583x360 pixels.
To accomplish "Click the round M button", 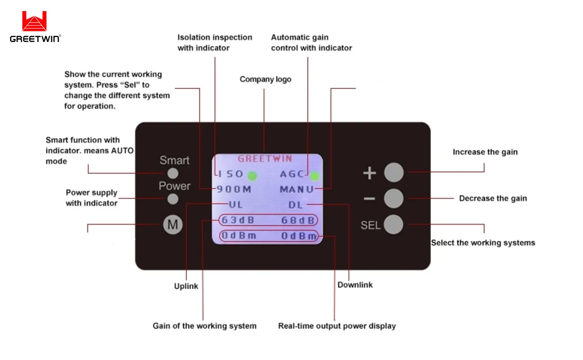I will pos(173,225).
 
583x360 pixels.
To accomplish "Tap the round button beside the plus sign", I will pos(393,173).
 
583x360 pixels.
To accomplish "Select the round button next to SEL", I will pos(393,224).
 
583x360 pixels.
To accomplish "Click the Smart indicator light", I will pos(173,173).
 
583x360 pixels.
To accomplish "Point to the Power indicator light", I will pos(173,199).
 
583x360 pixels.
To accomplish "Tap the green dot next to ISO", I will pos(252,176).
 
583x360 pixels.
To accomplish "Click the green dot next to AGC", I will pos(314,176).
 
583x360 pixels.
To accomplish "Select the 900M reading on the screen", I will pos(234,189).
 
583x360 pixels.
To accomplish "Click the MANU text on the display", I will pos(297,189).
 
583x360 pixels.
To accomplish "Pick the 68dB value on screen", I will pos(299,220).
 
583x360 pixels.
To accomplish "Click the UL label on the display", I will pos(236,205).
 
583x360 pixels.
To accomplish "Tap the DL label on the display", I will pos(295,205).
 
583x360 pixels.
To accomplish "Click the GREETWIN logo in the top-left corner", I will pos(35,27).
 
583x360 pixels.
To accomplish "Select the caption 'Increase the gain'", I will pos(485,152).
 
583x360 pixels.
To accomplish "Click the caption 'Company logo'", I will pos(265,80).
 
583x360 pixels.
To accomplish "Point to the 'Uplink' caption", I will pos(186,286).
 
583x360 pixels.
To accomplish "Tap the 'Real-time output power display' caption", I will pos(337,326).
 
